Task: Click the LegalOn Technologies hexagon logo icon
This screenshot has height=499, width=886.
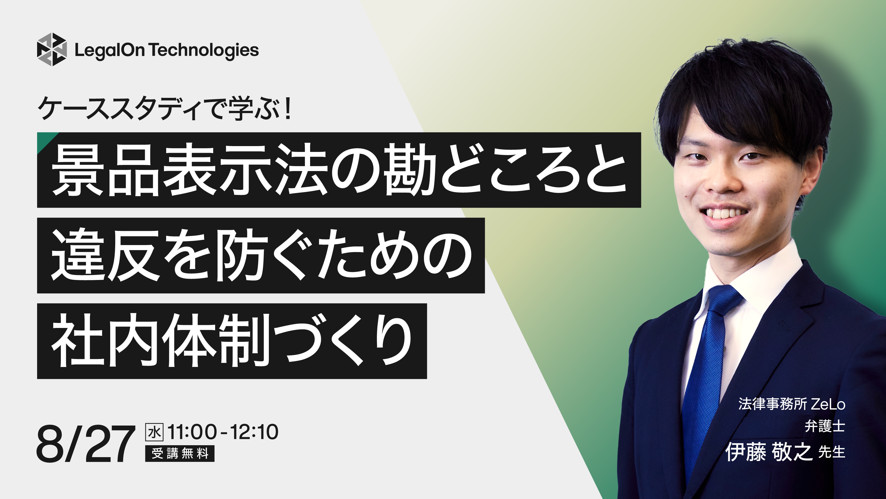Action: point(51,49)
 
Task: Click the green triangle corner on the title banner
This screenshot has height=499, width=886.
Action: point(44,139)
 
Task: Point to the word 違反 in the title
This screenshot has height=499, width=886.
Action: point(105,256)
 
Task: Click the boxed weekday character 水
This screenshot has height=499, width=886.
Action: point(154,432)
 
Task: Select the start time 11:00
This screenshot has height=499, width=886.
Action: point(192,432)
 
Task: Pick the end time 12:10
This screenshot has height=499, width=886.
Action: point(254,432)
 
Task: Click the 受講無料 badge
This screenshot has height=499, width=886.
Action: point(180,454)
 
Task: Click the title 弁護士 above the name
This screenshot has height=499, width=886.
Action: point(825,427)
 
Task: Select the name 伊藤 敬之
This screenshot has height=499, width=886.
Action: point(769,452)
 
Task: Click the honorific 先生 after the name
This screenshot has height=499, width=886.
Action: point(832,452)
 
